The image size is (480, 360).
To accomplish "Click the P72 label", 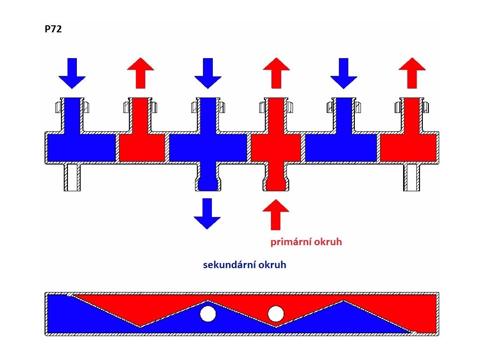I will (53, 30).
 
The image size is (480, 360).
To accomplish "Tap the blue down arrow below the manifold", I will (207, 213).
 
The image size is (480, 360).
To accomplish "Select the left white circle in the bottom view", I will (207, 314).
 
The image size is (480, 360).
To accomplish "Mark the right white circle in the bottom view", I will (276, 314).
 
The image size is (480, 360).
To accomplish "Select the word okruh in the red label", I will (330, 242).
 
